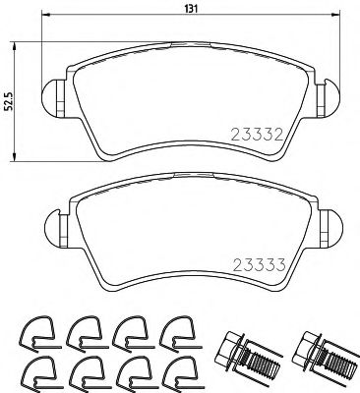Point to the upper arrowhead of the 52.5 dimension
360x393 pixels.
tap(15, 44)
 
